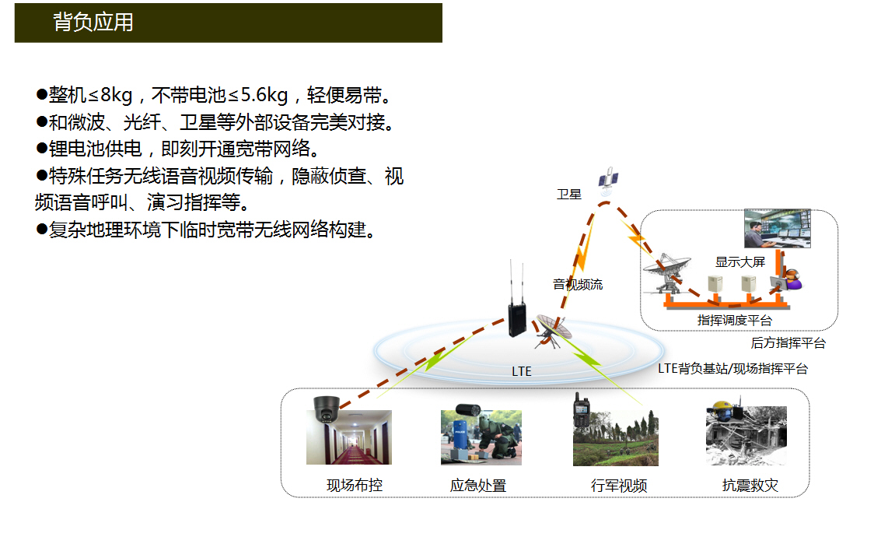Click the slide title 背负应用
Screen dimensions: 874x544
coord(93,23)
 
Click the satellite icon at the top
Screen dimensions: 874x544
coord(608,181)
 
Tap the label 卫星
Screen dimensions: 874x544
coord(568,194)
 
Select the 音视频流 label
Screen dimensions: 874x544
coord(578,285)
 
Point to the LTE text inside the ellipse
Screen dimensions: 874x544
coord(521,371)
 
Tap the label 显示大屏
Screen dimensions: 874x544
coord(740,261)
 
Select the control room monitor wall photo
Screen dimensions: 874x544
coord(778,229)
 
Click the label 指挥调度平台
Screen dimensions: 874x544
coord(734,321)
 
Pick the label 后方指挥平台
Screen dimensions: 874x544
coord(788,343)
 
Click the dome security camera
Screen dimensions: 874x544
coord(326,409)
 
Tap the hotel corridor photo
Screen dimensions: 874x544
coord(349,437)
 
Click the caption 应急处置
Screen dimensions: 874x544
coord(477,486)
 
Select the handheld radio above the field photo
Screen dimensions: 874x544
coord(582,410)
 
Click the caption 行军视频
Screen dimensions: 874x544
coord(619,486)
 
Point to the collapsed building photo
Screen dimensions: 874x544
coord(746,436)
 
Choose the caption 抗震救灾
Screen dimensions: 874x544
coord(750,486)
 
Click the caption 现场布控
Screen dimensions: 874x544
coord(355,486)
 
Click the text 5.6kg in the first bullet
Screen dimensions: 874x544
coord(264,96)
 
